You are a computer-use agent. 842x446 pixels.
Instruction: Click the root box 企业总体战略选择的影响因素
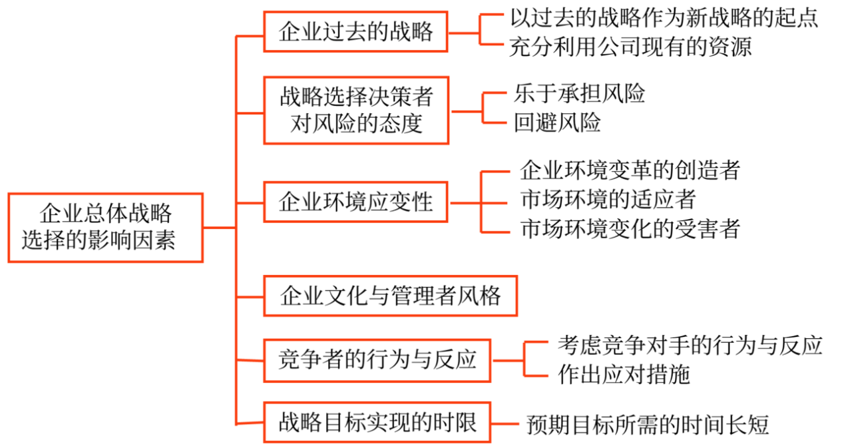click(105, 228)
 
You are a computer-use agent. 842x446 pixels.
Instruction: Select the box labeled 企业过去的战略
click(356, 31)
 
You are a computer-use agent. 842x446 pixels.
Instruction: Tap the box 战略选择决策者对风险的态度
click(356, 110)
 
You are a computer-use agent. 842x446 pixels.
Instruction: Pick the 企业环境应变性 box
click(356, 202)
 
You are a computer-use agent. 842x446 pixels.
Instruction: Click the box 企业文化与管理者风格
click(391, 295)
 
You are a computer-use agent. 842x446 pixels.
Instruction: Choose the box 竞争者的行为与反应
click(377, 360)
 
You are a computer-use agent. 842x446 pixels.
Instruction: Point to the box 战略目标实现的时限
click(377, 422)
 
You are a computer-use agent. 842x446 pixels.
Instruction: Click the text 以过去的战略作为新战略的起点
click(664, 17)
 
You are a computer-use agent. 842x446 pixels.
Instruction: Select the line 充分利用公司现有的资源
click(630, 47)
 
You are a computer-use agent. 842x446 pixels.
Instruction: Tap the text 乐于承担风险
click(579, 94)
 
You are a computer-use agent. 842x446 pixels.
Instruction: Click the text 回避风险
click(557, 123)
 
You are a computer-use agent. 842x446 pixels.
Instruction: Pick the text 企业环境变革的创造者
click(630, 170)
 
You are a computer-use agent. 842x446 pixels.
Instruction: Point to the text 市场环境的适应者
click(608, 200)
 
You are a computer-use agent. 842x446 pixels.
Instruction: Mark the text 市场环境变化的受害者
click(630, 230)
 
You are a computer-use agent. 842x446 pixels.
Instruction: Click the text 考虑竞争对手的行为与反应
click(690, 345)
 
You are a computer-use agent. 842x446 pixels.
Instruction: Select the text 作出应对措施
click(624, 375)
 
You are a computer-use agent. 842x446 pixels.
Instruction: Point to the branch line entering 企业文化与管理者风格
click(250, 295)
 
